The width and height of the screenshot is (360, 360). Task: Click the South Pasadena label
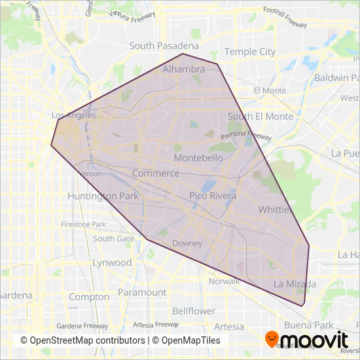164,46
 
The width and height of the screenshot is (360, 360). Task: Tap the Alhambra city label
184,69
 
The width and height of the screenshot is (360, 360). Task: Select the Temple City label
249,51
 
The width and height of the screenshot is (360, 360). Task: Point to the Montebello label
198,158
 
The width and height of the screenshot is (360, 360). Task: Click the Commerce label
156,173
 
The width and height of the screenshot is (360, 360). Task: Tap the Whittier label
276,209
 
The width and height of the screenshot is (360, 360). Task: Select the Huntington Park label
101,196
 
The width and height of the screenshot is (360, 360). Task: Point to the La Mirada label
295,284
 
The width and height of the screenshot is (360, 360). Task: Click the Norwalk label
225,281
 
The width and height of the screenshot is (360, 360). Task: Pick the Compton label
89,297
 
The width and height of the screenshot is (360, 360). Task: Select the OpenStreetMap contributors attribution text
82,340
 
